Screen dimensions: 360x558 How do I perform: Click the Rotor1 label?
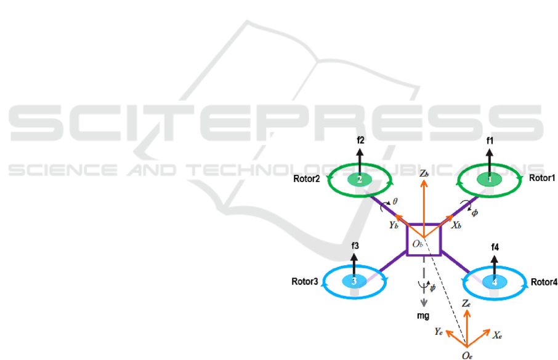[x=542, y=178]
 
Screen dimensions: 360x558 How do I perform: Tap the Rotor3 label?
[x=304, y=282]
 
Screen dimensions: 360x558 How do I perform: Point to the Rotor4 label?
[x=543, y=282]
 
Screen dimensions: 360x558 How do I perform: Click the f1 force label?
[x=490, y=141]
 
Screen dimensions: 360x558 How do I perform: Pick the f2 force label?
[x=361, y=140]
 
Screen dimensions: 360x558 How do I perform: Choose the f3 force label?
[x=355, y=246]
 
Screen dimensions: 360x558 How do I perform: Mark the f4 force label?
[x=495, y=247]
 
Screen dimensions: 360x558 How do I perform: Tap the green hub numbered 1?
[x=490, y=178]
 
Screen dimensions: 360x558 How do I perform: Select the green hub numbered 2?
[x=360, y=179]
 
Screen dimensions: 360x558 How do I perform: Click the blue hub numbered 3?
[x=354, y=282]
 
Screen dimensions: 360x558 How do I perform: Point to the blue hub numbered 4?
[x=493, y=282]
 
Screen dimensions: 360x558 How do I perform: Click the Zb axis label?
[x=424, y=175]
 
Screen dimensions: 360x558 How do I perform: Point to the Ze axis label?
[x=466, y=304]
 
